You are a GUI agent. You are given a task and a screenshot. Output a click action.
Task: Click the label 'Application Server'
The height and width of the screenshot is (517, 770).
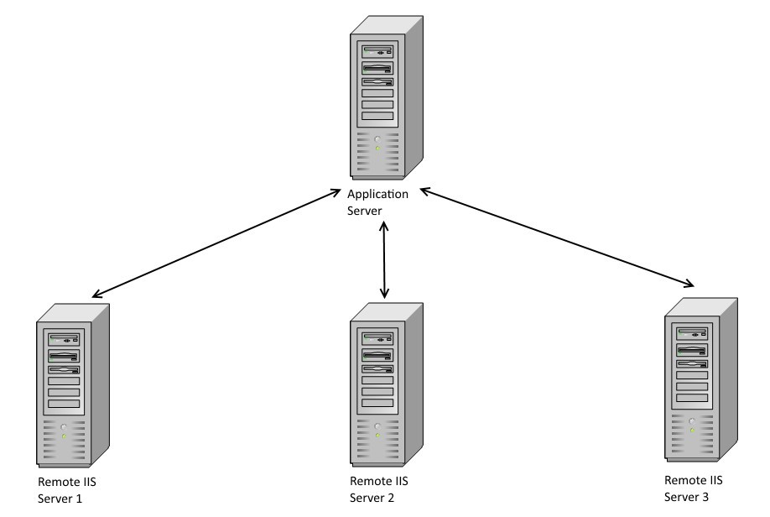click(378, 201)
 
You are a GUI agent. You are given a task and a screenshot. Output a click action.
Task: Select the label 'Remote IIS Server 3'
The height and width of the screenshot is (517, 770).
click(693, 488)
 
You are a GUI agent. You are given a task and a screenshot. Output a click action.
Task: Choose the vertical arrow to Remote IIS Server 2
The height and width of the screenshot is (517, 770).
click(385, 260)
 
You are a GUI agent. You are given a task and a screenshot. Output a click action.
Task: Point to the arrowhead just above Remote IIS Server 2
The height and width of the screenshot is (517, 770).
click(385, 294)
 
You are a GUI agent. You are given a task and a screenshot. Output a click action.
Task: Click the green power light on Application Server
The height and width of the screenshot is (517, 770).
click(377, 149)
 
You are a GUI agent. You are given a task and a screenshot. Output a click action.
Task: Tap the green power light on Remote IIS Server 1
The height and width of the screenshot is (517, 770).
click(64, 436)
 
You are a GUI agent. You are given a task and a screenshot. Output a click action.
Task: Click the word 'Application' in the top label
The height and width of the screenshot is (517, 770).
click(378, 195)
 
